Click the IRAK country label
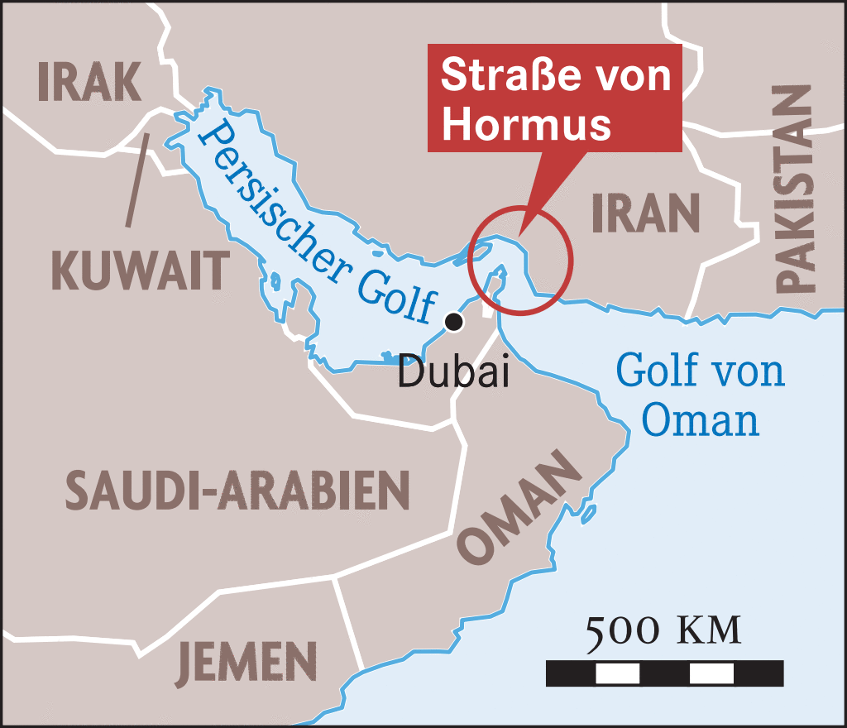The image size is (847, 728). (x=90, y=80)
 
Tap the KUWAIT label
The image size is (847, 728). (x=139, y=270)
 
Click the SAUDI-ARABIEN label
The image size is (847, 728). (x=237, y=490)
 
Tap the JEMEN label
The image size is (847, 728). (x=246, y=663)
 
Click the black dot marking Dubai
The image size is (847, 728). (x=453, y=323)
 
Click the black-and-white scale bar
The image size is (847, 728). (x=664, y=673)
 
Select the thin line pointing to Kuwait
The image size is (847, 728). (x=137, y=179)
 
